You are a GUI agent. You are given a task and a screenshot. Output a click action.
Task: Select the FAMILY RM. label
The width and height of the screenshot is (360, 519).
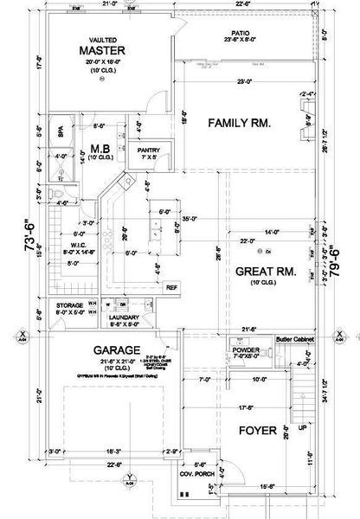click(240, 124)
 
